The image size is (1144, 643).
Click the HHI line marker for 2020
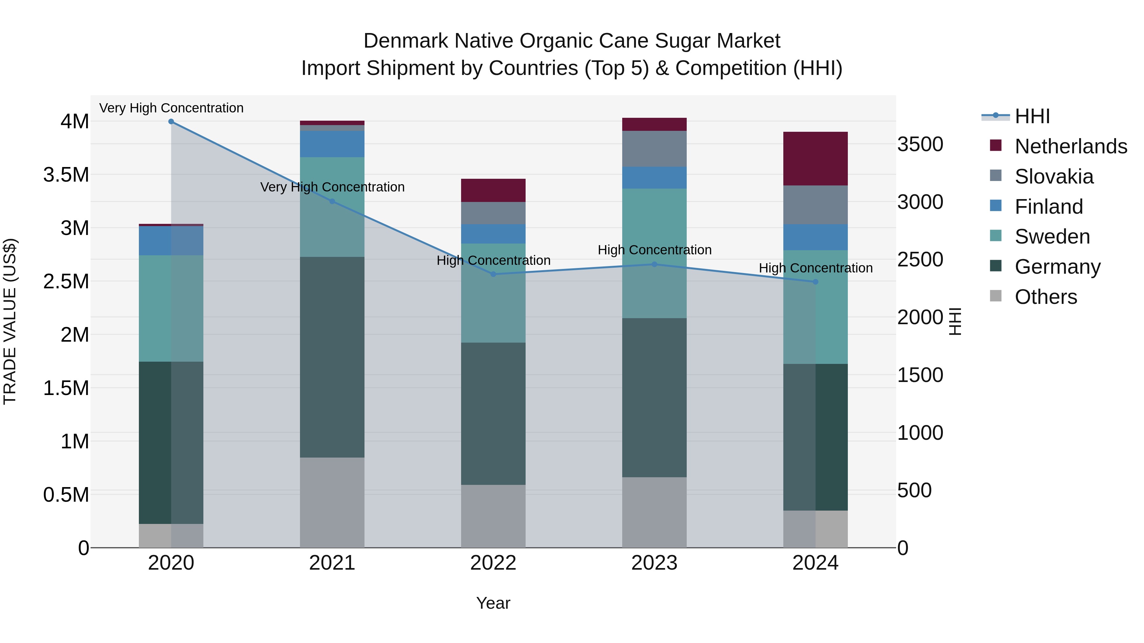coord(171,122)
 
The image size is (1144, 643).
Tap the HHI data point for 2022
coord(493,274)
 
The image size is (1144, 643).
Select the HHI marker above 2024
coord(815,282)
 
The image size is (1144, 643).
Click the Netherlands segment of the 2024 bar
coord(815,158)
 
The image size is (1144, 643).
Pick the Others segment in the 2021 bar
coord(332,502)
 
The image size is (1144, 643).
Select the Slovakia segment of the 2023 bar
coord(654,149)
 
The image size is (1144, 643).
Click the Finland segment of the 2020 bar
coord(171,240)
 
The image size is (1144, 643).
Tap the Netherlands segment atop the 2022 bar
coord(493,191)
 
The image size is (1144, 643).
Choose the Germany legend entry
coord(1057,267)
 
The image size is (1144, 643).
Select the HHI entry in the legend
coord(1032,116)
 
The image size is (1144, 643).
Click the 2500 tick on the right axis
coord(920,260)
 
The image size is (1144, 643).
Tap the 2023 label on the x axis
coord(654,563)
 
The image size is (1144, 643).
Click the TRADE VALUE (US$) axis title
coord(10,321)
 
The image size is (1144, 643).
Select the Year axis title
coord(493,603)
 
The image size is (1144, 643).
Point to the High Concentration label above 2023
coord(654,250)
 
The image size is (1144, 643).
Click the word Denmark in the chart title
coord(406,41)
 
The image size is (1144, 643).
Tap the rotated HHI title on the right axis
coord(955,321)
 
